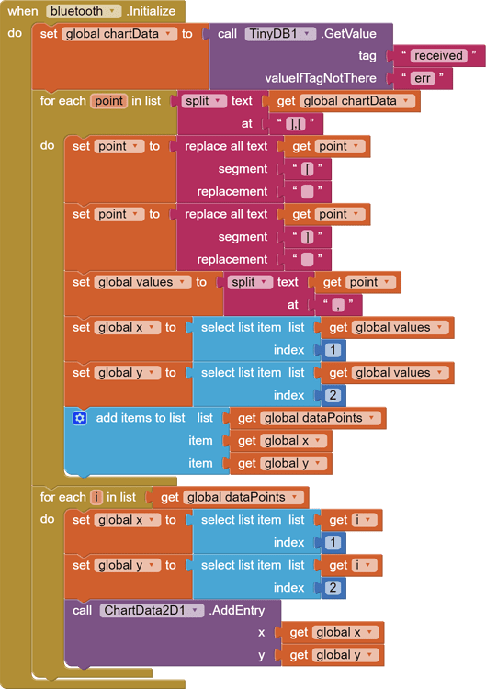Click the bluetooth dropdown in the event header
[84, 11]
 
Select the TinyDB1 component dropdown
[281, 34]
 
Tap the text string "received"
[438, 56]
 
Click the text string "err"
[423, 78]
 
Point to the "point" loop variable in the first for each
[108, 101]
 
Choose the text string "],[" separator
[296, 123]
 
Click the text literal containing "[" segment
[307, 169]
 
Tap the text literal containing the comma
[339, 304]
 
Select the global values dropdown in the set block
[142, 282]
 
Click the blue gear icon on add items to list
[80, 418]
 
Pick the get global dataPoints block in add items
[307, 418]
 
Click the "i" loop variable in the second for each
[96, 497]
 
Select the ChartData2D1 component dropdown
[152, 610]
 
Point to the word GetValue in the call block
[350, 34]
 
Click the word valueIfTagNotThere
[321, 78]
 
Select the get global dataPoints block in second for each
[230, 497]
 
